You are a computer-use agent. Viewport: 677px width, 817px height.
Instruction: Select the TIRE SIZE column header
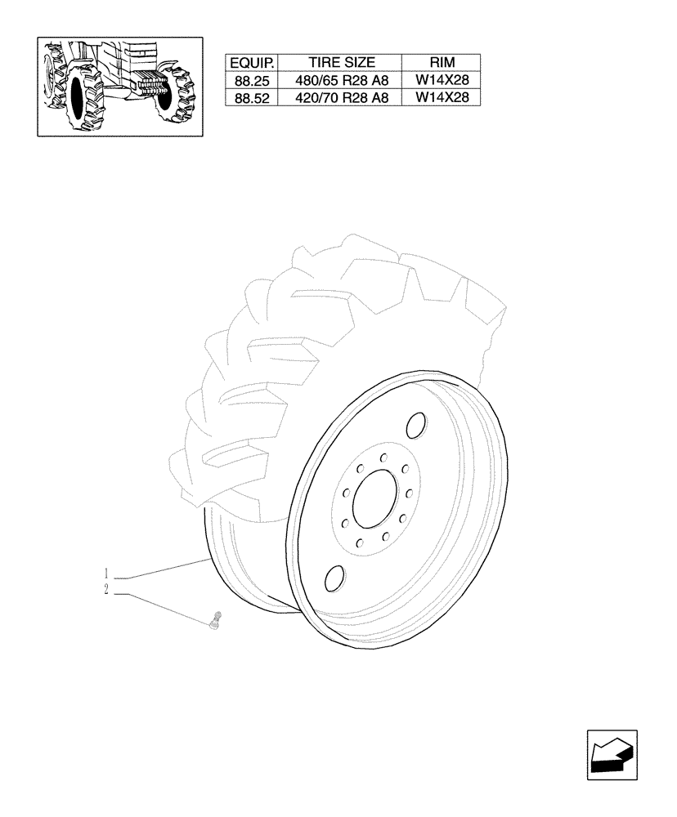pyautogui.click(x=341, y=63)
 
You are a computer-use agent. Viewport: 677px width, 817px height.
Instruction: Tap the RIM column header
pyautogui.click(x=441, y=63)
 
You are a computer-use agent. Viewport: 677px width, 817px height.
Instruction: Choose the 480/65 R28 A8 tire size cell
pyautogui.click(x=341, y=81)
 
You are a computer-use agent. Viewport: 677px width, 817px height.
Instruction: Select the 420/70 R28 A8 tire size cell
pyautogui.click(x=341, y=97)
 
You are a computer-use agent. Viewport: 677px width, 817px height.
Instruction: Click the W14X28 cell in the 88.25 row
pyautogui.click(x=442, y=81)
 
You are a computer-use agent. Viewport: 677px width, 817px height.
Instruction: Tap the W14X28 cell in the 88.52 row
pyautogui.click(x=442, y=97)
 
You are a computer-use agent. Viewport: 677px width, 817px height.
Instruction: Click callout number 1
pyautogui.click(x=107, y=571)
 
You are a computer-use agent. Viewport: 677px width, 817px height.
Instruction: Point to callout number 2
pyautogui.click(x=107, y=589)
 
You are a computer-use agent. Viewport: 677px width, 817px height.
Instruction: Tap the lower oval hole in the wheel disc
pyautogui.click(x=334, y=578)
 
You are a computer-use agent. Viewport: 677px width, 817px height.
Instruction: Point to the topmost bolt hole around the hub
pyautogui.click(x=382, y=458)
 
